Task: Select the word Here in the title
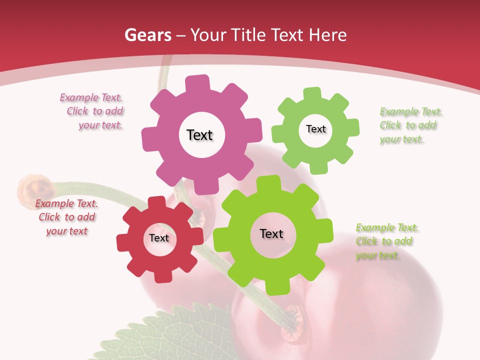pos(328,35)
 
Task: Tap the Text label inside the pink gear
pos(199,135)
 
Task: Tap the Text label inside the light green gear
pos(315,129)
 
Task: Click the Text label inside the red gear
pos(159,238)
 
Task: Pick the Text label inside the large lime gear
pos(271,233)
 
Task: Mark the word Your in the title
pos(210,35)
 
